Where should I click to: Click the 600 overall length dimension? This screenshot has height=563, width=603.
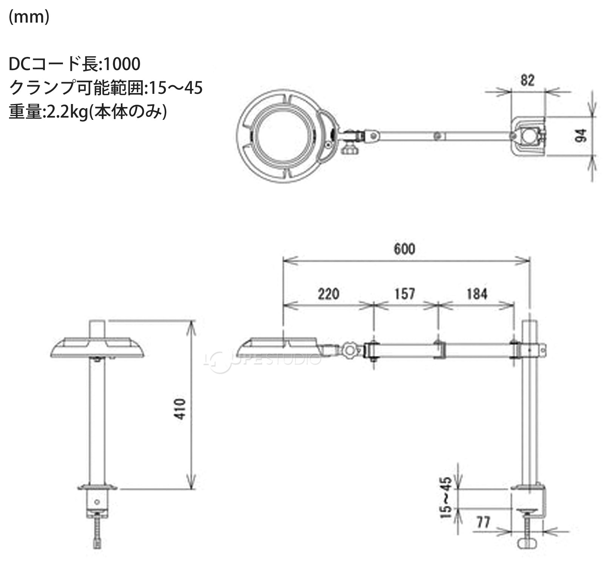[404, 249]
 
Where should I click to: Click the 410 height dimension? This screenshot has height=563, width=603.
[181, 409]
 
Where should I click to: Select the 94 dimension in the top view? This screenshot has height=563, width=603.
[581, 135]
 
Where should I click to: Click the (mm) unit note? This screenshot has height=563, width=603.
[29, 17]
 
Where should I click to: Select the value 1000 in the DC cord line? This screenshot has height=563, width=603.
[121, 64]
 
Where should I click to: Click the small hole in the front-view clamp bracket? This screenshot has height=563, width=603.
[98, 502]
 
